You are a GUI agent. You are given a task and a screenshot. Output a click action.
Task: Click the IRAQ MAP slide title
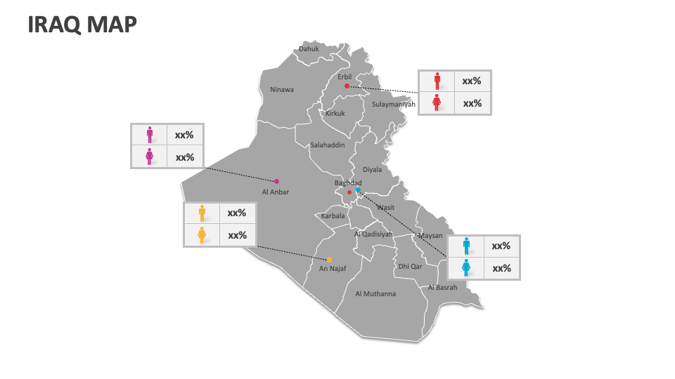coord(82,25)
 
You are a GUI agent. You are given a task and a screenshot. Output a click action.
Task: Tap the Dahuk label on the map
coord(309,49)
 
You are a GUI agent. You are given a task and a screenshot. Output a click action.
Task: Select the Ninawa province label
coord(282,90)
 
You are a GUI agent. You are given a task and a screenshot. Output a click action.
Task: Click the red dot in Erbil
coord(347,86)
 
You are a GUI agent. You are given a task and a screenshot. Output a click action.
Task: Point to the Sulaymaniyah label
coord(394,105)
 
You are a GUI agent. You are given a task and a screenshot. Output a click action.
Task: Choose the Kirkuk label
coord(335,114)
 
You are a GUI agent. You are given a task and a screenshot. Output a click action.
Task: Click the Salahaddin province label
coord(328,145)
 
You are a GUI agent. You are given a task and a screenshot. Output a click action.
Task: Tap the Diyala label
coord(372,170)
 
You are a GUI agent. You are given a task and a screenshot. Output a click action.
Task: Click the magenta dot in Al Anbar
coord(276,181)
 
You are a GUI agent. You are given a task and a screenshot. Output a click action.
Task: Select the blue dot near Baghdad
coord(358,189)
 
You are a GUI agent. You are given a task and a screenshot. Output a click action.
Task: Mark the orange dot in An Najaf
coord(329,260)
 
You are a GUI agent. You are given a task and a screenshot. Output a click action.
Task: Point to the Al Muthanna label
coord(375,294)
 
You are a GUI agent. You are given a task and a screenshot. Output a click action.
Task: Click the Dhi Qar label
coord(410,267)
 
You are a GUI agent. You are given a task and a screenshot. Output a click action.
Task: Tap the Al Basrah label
coord(442,288)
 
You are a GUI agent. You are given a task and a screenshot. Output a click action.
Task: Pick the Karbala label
coord(333,216)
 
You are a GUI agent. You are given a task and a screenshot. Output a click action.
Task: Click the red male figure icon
coord(437,81)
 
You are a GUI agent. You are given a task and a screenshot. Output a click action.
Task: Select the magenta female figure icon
coord(149,157)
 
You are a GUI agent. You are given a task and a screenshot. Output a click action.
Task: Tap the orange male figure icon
coord(202,213)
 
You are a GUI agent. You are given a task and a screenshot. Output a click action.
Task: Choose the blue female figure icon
coord(465,268)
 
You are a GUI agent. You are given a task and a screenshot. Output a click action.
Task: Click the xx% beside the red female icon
coord(472,103)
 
